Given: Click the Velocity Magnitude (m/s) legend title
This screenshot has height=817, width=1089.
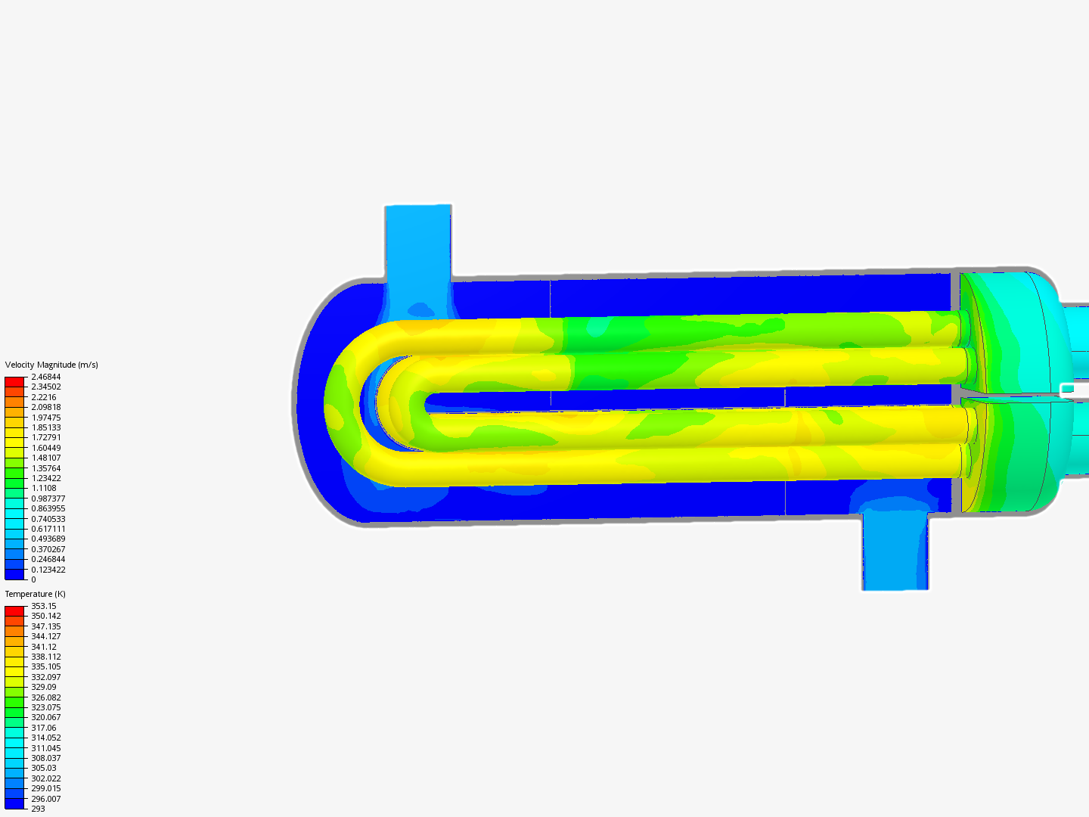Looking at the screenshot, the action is tap(51, 365).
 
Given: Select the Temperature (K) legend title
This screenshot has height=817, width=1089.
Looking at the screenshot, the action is tap(36, 594).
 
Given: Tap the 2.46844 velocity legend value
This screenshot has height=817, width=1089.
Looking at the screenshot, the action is tap(45, 377).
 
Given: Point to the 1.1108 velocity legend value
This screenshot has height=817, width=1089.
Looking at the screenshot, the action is tap(44, 488).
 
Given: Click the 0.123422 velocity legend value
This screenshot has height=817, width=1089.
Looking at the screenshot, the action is tap(48, 570).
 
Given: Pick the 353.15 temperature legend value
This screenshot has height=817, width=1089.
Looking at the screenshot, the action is tap(44, 606).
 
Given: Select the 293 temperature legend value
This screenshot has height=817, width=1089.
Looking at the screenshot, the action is tap(39, 809).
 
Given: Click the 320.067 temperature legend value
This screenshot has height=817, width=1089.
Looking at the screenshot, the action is tap(45, 717).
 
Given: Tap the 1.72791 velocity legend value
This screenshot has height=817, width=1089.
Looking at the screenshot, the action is tap(45, 437).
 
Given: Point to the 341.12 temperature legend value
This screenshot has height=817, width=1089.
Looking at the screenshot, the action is tap(44, 647).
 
